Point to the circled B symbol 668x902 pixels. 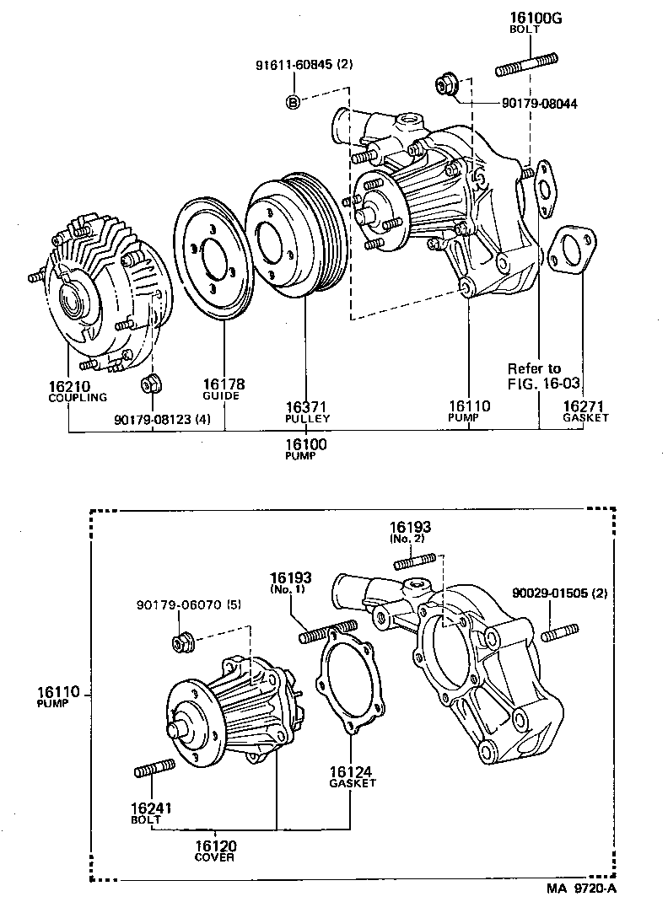click(x=293, y=103)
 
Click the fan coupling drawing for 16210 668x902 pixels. click(x=97, y=295)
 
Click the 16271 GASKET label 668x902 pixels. click(x=585, y=411)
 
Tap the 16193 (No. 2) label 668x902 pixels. click(x=411, y=531)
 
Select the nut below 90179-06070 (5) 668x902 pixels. click(x=181, y=643)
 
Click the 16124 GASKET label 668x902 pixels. click(x=352, y=775)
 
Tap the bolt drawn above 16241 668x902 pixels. click(x=154, y=768)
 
